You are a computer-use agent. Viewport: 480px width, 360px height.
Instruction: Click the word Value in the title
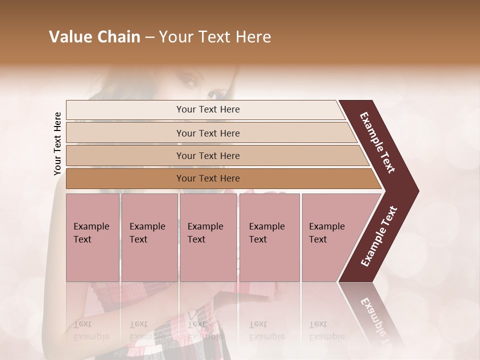(x=67, y=37)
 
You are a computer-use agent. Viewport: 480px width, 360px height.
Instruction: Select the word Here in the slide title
(x=253, y=37)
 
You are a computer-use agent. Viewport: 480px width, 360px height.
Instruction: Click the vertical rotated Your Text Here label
(x=57, y=143)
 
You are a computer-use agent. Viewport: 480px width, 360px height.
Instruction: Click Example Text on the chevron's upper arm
(x=377, y=142)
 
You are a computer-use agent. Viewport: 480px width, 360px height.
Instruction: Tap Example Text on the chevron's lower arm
(x=378, y=236)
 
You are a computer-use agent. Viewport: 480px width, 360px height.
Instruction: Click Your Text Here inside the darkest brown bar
(x=208, y=178)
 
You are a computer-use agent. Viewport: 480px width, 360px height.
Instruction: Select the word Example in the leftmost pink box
(x=91, y=226)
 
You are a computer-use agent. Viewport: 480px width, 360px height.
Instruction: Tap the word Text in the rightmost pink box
(x=318, y=239)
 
